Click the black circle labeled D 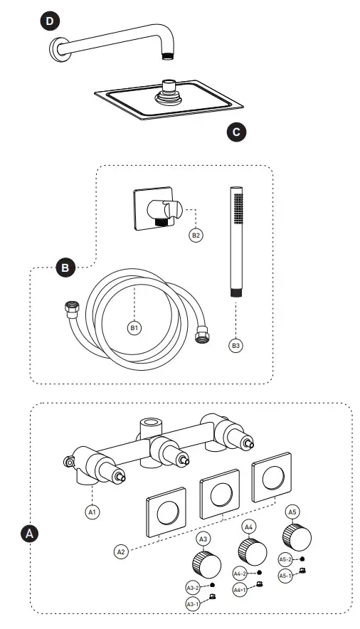49,22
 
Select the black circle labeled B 65,268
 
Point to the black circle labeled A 29,532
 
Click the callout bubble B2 196,234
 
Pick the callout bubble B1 133,328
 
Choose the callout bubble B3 235,345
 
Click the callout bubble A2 120,550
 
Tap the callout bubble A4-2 240,573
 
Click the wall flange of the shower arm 56,48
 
